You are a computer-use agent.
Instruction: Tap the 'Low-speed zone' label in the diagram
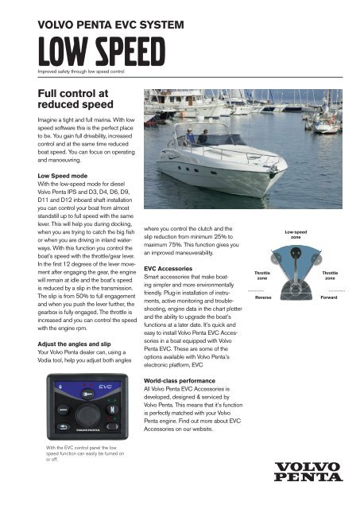pyautogui.click(x=295, y=235)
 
